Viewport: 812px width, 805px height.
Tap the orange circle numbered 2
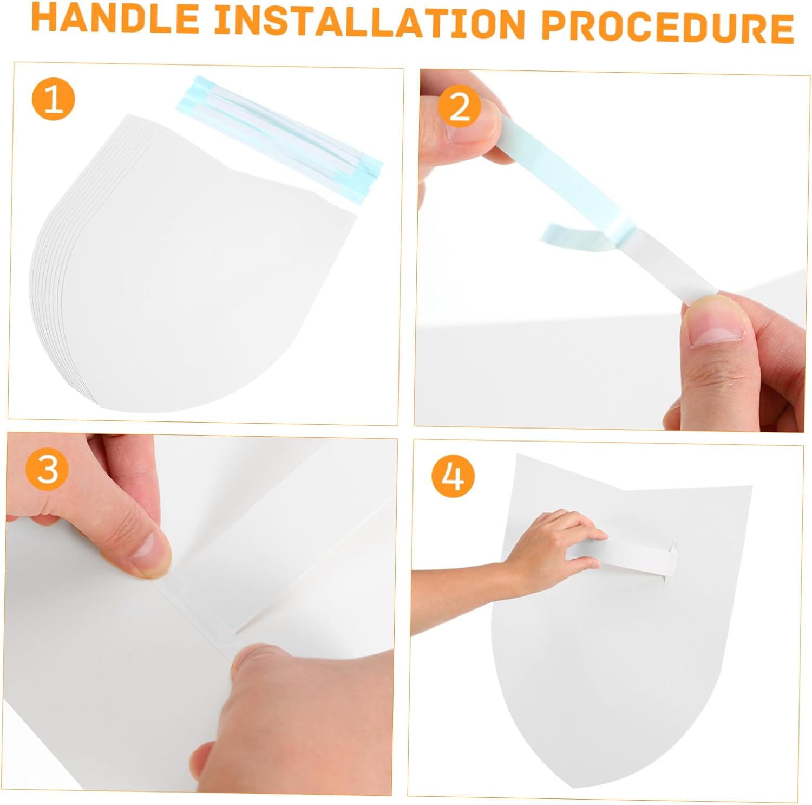[459, 106]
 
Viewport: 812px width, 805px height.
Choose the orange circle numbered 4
[453, 476]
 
